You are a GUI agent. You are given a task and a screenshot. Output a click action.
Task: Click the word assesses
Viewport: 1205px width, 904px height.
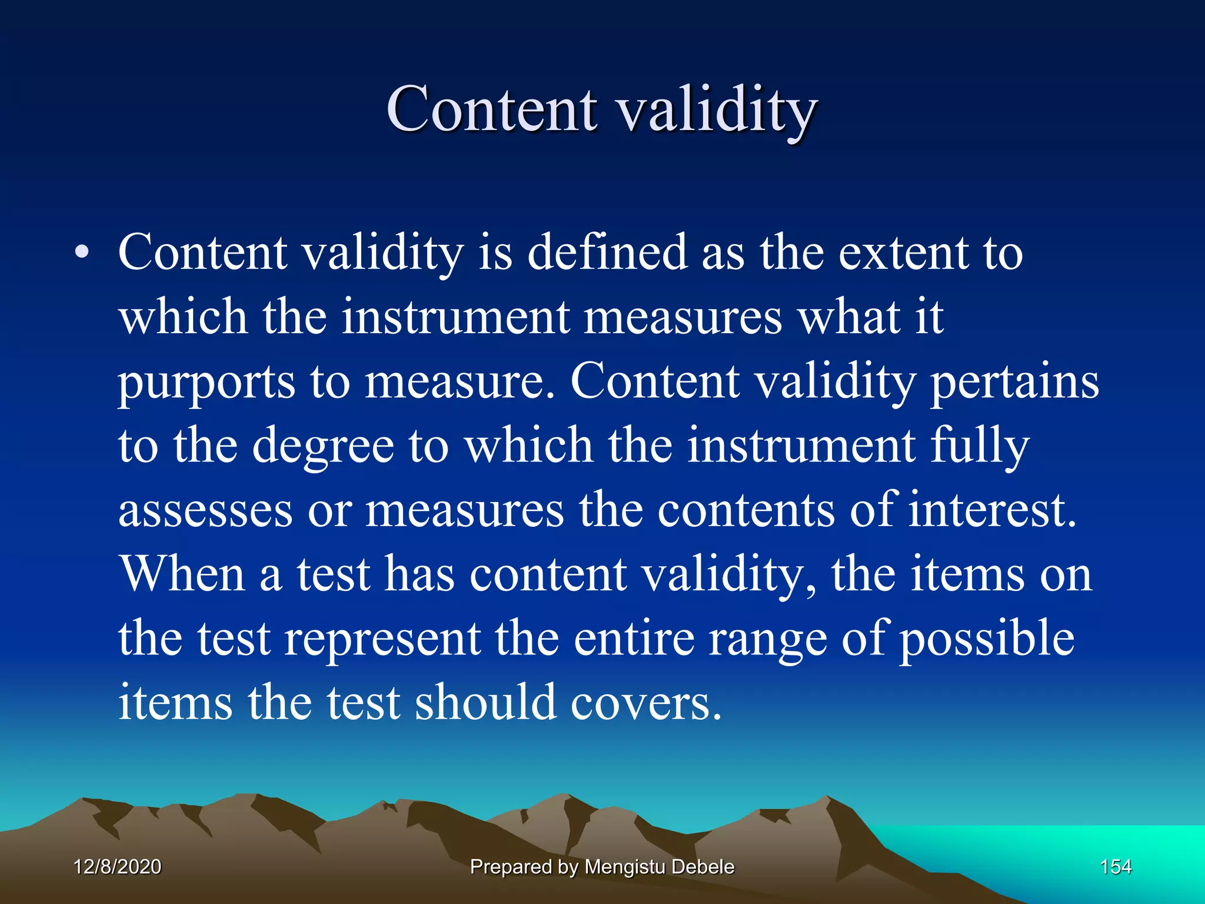[205, 510]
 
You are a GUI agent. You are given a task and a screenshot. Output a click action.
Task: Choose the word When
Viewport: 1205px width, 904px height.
[182, 574]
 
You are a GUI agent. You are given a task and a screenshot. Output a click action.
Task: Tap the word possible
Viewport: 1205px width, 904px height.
[987, 640]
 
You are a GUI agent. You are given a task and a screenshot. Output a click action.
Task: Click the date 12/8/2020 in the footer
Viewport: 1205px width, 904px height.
[118, 867]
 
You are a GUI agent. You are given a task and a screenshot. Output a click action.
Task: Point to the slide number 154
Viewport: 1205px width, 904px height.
[1116, 867]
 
